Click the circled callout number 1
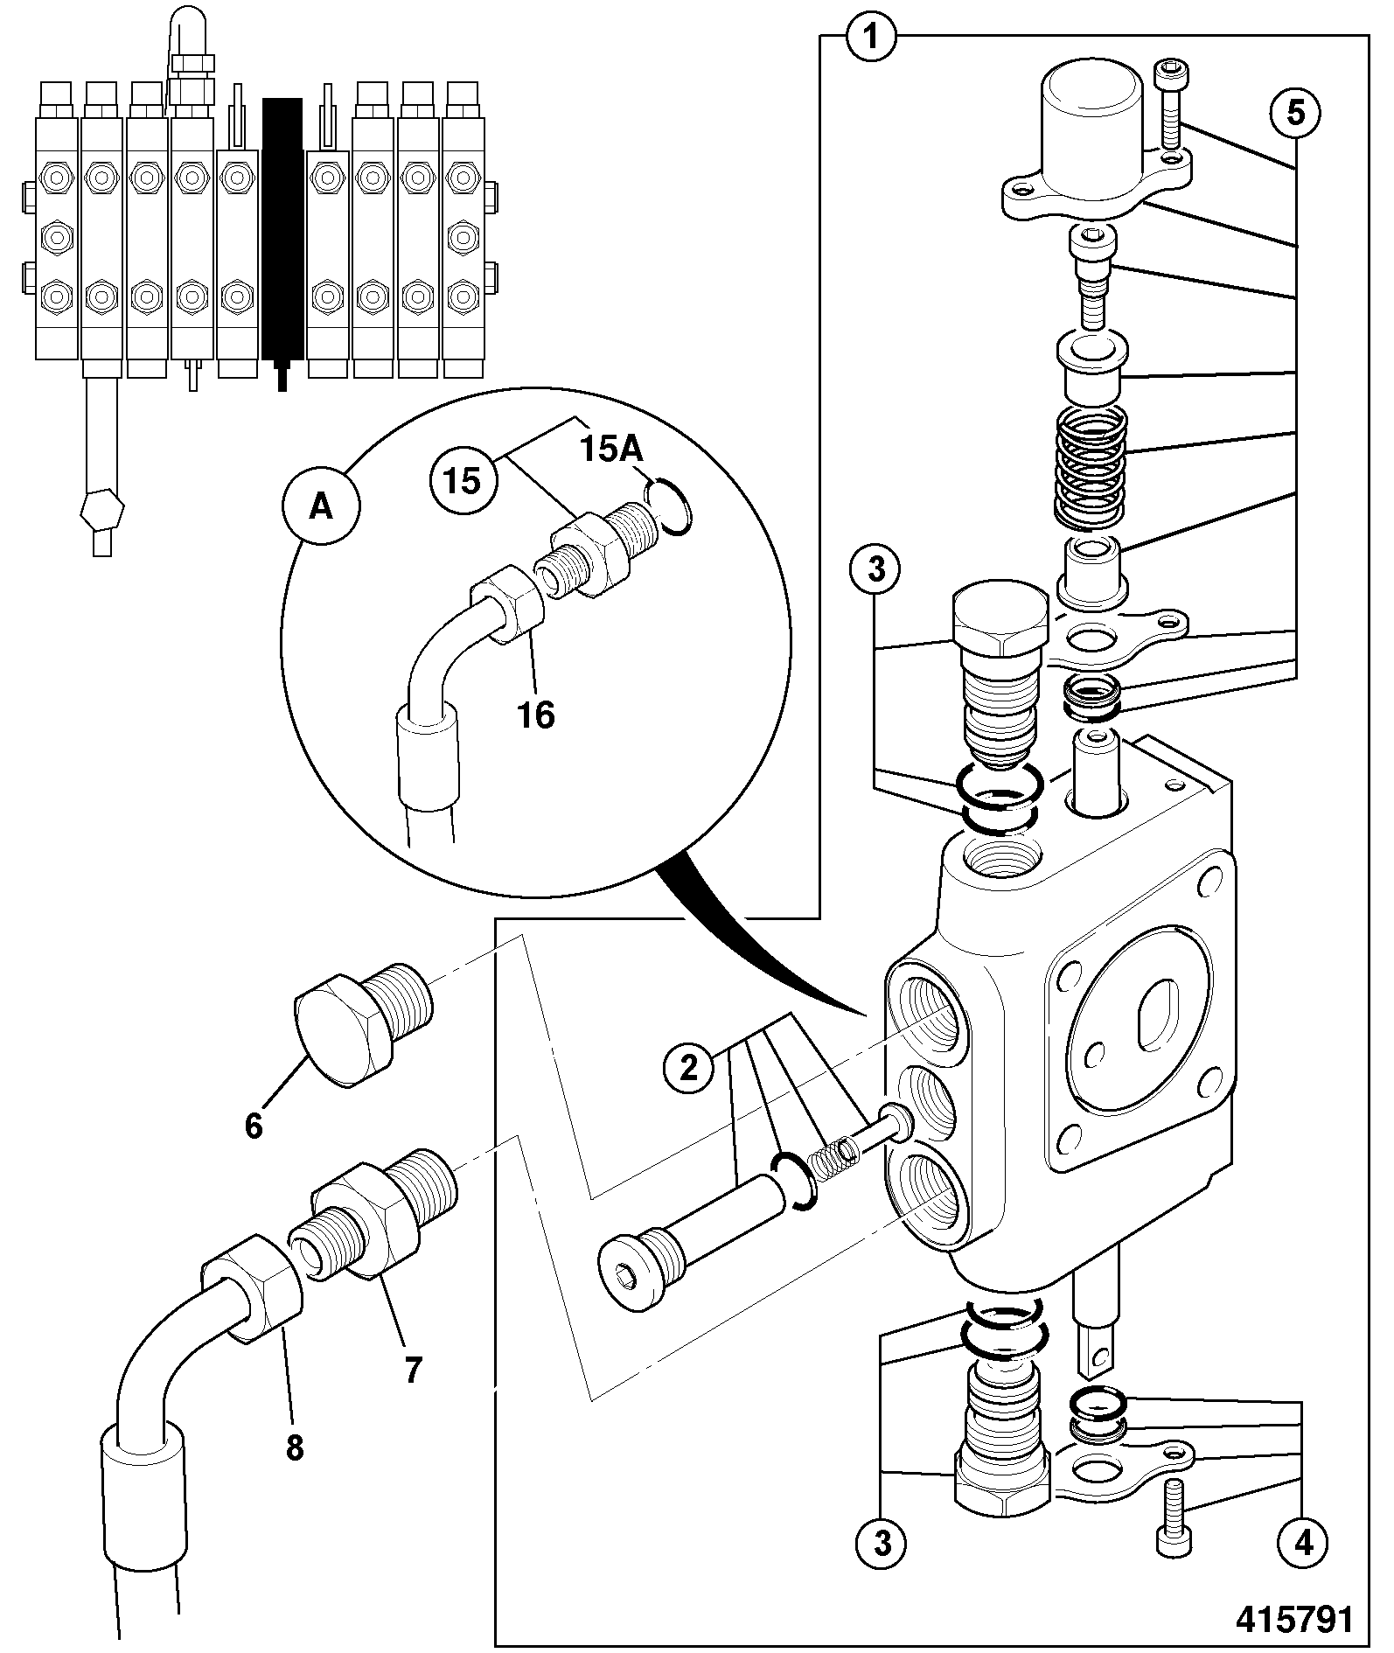tap(872, 37)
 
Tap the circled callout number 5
tap(1296, 113)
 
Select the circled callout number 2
tap(689, 1067)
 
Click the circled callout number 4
tap(1303, 1543)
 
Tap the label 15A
tap(612, 450)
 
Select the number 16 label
tap(536, 715)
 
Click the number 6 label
tap(254, 1126)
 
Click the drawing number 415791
tap(1294, 1620)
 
